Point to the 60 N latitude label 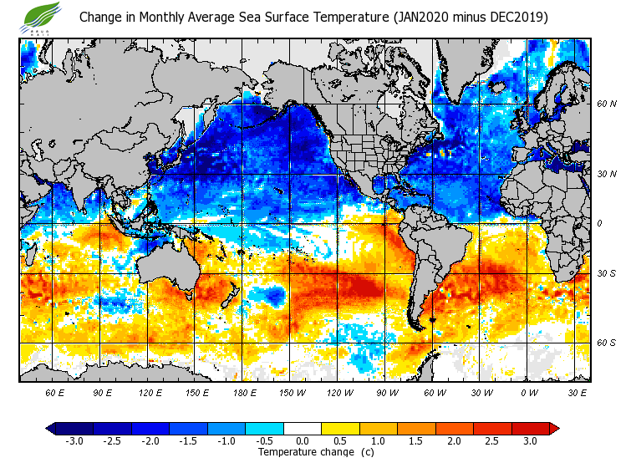point(606,104)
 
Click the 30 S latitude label point(606,274)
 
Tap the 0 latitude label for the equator point(599,223)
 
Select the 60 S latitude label point(606,343)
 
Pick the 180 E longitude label point(244,392)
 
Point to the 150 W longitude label point(292,392)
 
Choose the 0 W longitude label point(528,392)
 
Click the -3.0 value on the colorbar point(74,441)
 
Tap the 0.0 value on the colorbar point(302,441)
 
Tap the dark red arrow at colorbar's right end point(554,428)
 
